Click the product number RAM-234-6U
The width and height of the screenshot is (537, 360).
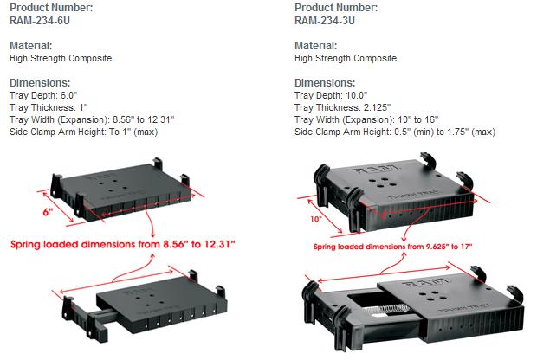[x=40, y=21]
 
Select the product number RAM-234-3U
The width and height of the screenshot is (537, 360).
[x=325, y=21]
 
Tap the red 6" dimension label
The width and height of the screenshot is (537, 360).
[x=48, y=212]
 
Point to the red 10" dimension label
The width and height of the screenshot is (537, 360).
[x=316, y=219]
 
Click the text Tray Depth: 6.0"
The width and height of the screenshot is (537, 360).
[x=43, y=95]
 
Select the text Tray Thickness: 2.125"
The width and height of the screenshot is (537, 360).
[x=342, y=107]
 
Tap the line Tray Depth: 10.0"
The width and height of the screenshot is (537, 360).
[x=331, y=95]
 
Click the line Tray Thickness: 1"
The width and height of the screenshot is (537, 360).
[x=49, y=107]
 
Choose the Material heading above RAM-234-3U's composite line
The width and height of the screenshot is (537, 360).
[x=316, y=45]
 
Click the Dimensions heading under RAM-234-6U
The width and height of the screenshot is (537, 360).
[x=40, y=82]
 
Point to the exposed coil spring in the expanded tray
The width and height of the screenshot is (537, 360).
[x=391, y=309]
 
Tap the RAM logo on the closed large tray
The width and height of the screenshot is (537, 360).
[x=377, y=170]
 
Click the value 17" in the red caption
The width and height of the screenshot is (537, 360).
[x=466, y=247]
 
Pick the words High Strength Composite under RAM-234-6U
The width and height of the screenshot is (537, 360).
[x=61, y=58]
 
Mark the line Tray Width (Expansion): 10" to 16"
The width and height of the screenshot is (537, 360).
[x=366, y=119]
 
